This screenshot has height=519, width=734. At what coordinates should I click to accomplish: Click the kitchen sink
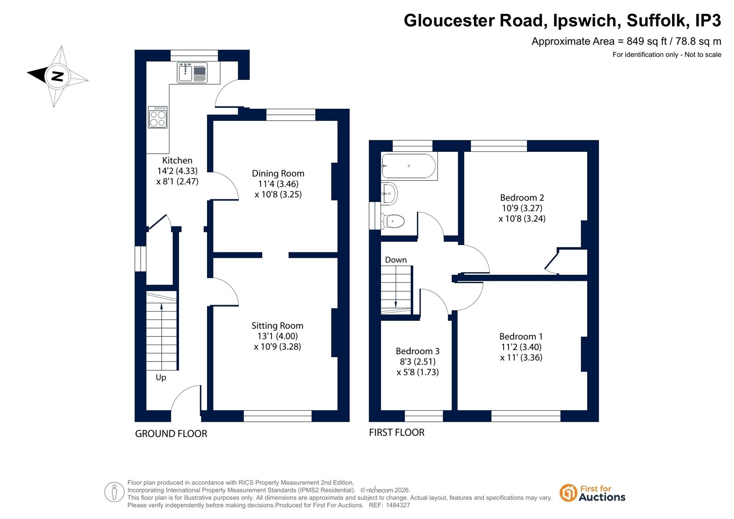192,73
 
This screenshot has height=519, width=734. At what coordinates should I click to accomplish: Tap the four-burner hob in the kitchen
157,117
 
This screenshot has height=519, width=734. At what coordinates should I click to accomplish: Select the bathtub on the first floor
409,166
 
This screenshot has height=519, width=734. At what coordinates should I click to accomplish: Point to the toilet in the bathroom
393,221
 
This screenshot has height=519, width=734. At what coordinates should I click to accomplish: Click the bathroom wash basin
389,194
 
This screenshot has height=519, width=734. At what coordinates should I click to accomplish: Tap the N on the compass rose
58,76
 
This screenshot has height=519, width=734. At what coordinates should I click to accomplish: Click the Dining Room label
278,173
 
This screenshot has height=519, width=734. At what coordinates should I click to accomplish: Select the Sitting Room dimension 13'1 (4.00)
278,336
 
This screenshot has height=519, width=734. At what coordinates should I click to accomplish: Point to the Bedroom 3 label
417,351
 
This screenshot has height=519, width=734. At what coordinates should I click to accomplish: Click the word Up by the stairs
161,378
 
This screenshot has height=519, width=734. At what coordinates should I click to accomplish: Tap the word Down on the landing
396,260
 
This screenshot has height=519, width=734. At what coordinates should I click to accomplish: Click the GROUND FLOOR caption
171,434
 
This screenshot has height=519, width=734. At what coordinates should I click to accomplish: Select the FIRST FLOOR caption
397,432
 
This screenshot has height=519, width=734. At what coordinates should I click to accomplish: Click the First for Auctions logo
592,493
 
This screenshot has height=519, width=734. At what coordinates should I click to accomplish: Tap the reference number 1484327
398,505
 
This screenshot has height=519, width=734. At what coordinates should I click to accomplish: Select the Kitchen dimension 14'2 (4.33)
177,171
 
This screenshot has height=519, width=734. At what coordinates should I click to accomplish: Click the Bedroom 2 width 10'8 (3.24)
522,218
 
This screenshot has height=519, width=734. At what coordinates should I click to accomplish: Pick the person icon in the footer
114,492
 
